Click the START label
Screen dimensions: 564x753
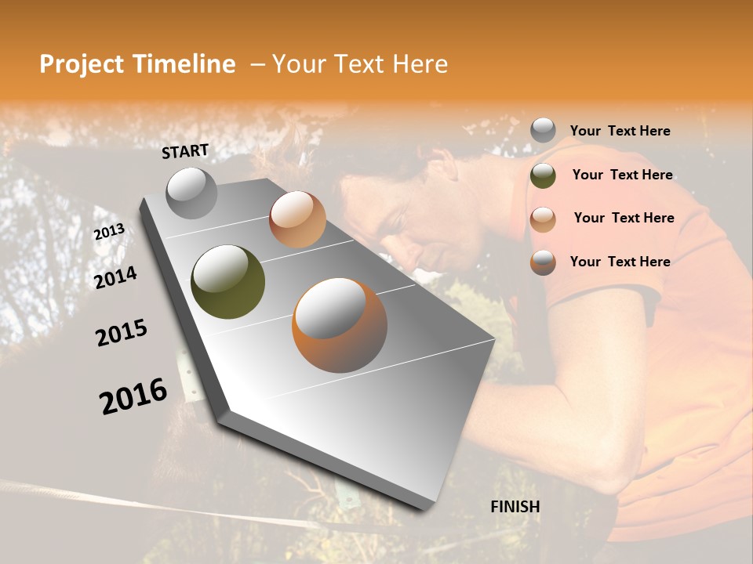click(185, 150)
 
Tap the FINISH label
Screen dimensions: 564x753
click(515, 507)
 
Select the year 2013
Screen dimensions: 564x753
click(109, 232)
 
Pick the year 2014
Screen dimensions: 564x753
click(115, 277)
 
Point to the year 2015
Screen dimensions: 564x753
click(122, 333)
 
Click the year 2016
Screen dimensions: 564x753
click(133, 396)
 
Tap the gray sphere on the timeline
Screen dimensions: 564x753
click(191, 193)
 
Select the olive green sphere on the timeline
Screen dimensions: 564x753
click(227, 282)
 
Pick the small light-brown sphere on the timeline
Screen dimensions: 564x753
click(297, 219)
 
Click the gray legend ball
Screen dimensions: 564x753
click(543, 130)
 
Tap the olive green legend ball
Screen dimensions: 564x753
click(543, 175)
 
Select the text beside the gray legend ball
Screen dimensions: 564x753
click(620, 131)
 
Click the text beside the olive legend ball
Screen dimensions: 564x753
click(622, 175)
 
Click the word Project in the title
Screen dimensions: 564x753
click(82, 64)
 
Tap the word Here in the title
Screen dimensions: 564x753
click(420, 64)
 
